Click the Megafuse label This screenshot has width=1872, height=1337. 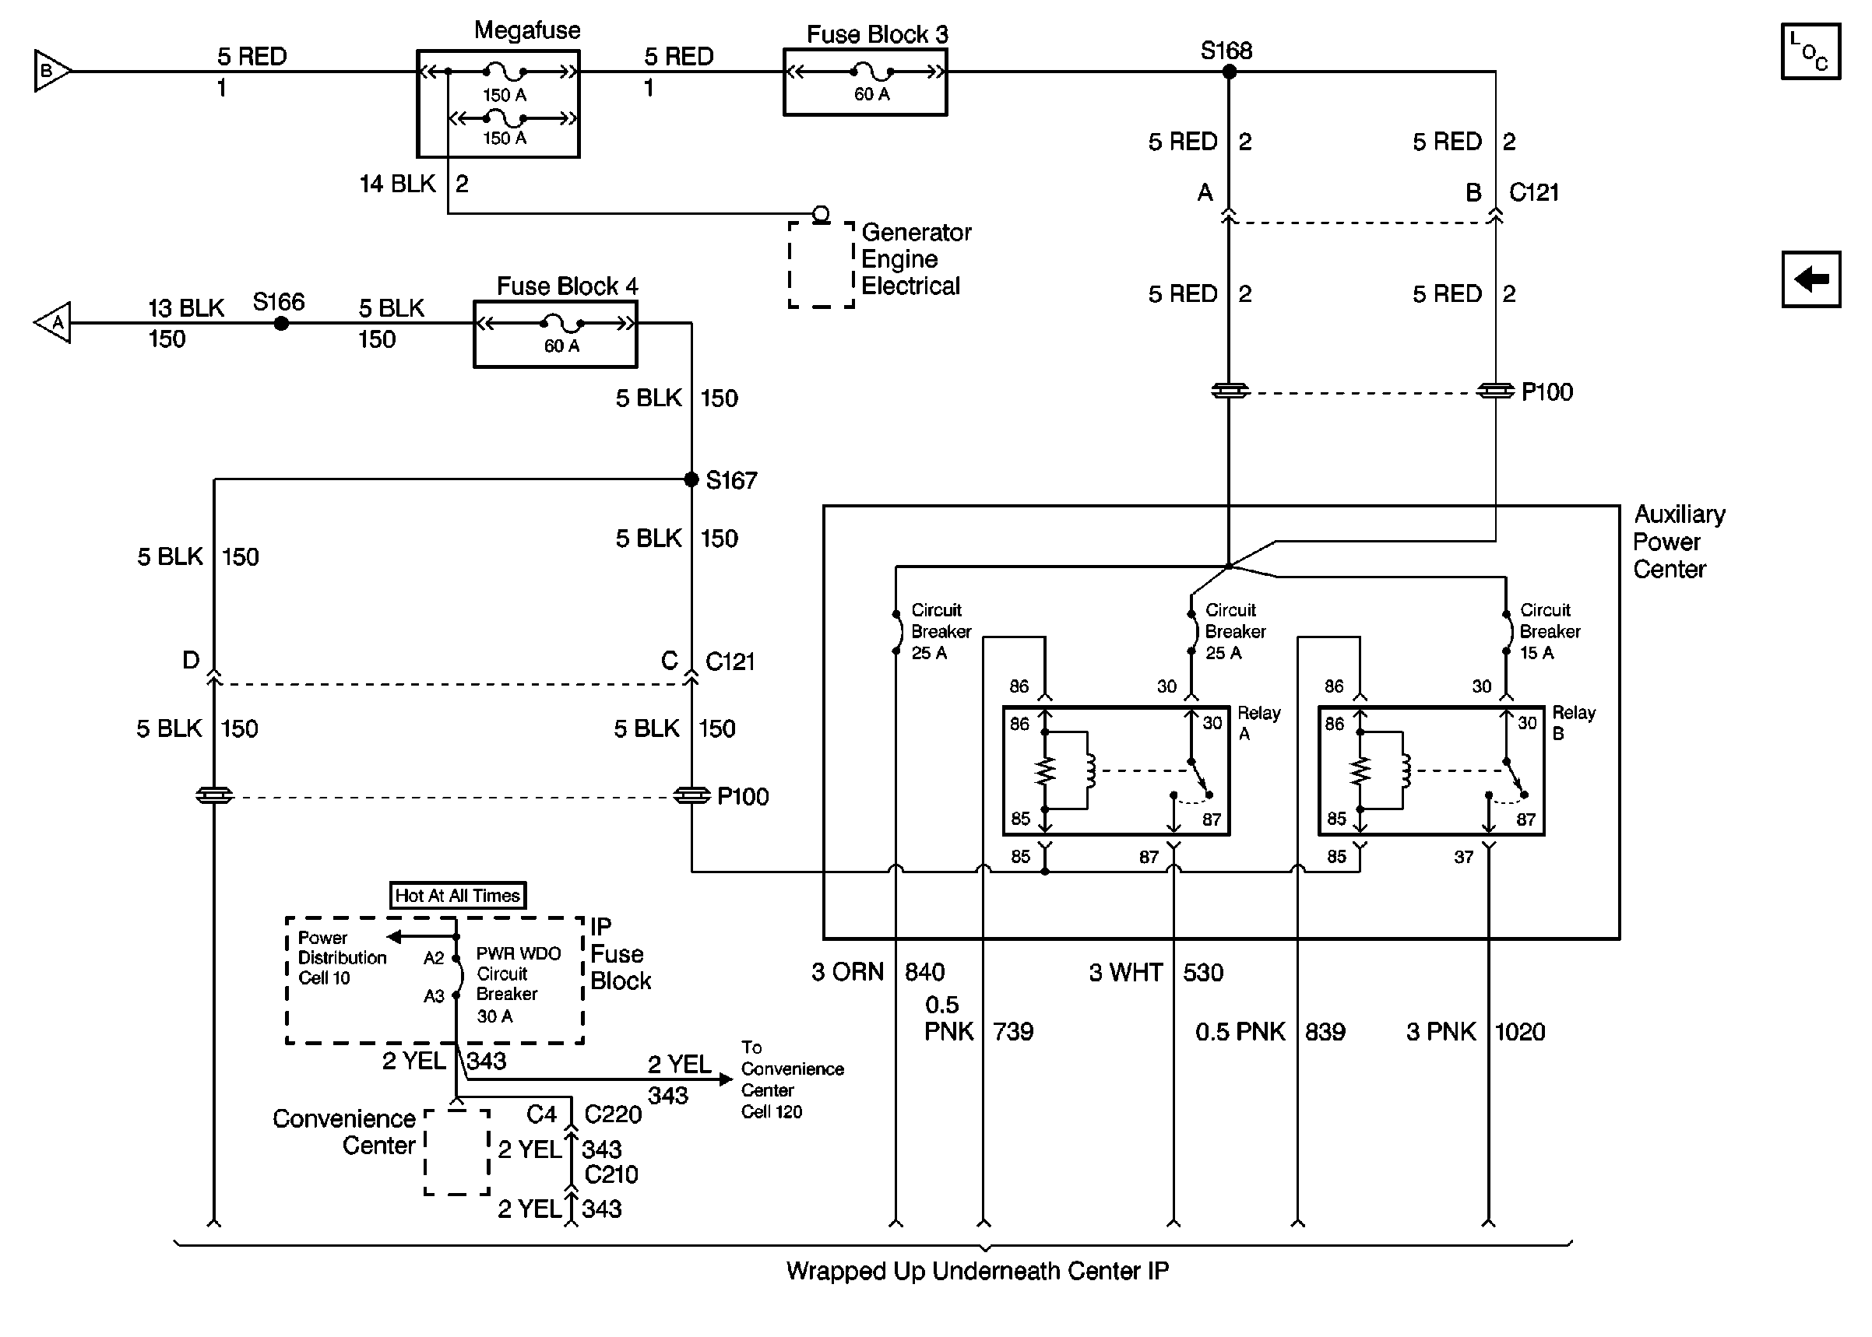tap(527, 30)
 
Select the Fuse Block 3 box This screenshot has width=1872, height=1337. tap(865, 82)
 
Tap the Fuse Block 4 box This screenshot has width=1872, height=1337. tap(555, 335)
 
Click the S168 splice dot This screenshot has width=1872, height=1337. tap(1229, 72)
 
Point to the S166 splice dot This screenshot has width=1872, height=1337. tap(281, 324)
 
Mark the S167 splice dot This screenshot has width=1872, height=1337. tap(691, 479)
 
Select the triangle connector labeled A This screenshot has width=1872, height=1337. tap(54, 323)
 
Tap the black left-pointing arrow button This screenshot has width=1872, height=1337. tap(1810, 279)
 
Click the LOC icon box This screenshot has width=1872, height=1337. tap(1810, 52)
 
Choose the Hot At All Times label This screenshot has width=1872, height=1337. tap(457, 895)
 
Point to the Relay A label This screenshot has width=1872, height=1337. tap(1258, 722)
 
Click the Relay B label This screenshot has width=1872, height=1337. tap(1573, 722)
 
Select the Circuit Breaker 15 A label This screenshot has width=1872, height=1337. tap(1549, 631)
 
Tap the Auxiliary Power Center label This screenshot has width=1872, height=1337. tap(1678, 542)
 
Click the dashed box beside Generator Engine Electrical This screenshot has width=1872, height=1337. tap(821, 265)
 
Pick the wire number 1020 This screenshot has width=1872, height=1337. tap(1519, 1032)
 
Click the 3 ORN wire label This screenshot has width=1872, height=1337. tap(846, 972)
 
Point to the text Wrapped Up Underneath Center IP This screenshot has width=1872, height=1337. tap(976, 1271)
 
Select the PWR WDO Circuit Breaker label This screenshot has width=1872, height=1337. tap(517, 984)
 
